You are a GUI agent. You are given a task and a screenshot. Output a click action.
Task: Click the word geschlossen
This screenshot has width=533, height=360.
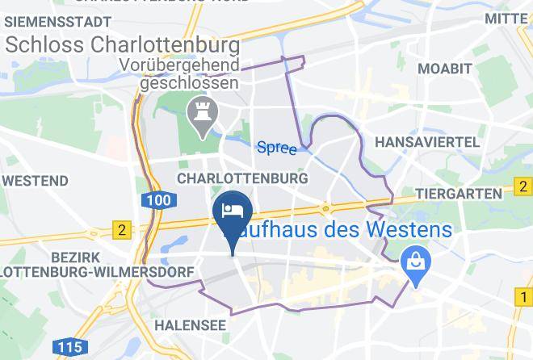pos(189,82)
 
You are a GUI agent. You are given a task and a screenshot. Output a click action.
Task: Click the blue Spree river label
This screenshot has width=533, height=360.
pos(276,148)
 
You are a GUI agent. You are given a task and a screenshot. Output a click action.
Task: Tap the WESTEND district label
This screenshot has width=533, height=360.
pos(35,179)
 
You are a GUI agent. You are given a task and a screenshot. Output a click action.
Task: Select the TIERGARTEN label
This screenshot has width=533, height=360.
pos(459,195)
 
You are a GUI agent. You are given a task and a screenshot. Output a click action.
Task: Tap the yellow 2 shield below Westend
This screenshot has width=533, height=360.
pos(122,230)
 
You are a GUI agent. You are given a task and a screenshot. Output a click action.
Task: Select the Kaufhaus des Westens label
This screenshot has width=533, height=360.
pos(347,229)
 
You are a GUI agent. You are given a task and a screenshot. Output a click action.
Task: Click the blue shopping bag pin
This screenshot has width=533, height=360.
pos(416,263)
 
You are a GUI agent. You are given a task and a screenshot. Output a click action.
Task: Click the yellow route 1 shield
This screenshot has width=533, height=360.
pos(522,299)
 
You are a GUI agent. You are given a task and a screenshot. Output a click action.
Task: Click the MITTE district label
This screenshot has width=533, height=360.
pos(506,17)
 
